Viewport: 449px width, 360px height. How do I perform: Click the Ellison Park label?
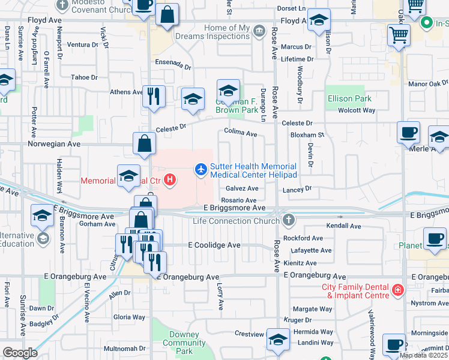(349, 98)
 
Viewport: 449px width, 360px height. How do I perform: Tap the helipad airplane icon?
(201, 170)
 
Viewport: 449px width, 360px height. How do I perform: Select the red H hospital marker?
(171, 179)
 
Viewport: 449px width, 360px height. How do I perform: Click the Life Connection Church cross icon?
(289, 220)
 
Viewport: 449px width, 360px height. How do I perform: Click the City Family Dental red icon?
(397, 292)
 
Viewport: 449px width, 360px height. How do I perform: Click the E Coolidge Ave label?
(214, 245)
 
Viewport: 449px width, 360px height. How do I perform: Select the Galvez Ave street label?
(242, 188)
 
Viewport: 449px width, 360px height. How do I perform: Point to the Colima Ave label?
(241, 134)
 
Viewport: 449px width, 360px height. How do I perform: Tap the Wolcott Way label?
(357, 110)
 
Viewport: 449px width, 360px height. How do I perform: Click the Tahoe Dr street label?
(84, 77)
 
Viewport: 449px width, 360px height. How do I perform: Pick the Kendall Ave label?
(343, 226)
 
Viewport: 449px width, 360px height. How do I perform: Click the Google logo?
(20, 353)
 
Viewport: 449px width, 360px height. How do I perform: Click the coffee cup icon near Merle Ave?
(408, 131)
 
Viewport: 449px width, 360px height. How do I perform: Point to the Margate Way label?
(313, 309)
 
